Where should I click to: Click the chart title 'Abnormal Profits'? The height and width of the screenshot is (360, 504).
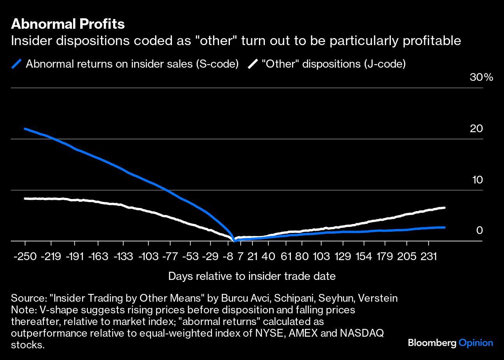(68, 24)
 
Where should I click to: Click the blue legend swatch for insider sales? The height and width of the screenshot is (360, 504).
(17, 64)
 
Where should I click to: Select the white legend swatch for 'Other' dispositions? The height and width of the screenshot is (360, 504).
(253, 64)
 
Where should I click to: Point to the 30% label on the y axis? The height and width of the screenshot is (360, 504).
(481, 77)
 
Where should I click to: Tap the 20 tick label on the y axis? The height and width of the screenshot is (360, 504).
(476, 129)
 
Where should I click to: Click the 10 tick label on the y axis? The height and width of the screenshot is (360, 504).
(477, 180)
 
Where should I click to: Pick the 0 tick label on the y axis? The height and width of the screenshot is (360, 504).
(479, 231)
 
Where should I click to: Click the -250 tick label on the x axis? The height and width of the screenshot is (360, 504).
(25, 257)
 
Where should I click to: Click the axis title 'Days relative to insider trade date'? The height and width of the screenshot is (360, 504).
(252, 276)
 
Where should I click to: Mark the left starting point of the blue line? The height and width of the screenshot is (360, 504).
(25, 129)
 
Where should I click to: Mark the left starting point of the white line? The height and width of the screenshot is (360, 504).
(25, 198)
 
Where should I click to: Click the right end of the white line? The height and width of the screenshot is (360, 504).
(444, 208)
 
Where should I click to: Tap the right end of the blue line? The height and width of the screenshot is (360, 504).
(444, 227)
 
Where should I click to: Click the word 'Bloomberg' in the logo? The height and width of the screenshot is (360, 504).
(432, 343)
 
